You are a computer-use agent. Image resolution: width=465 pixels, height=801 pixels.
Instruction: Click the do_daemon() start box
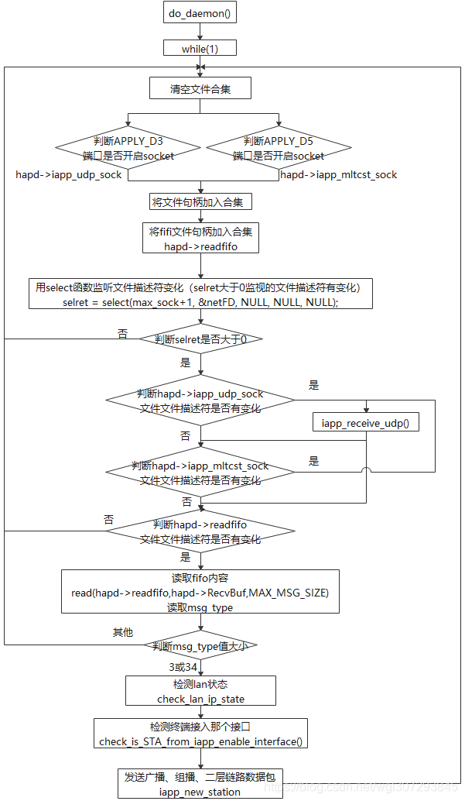click(x=200, y=13)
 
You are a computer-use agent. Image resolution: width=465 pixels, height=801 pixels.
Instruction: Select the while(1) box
click(x=200, y=48)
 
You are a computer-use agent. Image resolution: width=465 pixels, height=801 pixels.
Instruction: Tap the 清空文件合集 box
click(x=200, y=89)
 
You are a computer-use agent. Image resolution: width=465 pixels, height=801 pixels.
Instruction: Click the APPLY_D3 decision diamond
click(x=128, y=149)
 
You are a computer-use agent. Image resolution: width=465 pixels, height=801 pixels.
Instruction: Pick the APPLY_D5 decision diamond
click(x=279, y=149)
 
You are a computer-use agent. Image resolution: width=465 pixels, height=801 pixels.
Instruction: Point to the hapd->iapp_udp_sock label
click(x=69, y=175)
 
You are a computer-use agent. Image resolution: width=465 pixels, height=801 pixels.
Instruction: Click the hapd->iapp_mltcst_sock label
click(x=339, y=175)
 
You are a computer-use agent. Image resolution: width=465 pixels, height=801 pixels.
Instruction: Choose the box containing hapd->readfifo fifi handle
click(x=200, y=239)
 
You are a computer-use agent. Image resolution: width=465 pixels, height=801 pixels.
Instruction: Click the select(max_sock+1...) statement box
click(x=200, y=294)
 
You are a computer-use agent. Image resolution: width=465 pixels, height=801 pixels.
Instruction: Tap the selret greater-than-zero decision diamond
click(x=200, y=339)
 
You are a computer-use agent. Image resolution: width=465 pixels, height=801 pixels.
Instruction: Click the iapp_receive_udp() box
click(x=365, y=422)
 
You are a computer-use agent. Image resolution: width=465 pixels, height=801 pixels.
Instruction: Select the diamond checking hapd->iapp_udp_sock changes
click(x=200, y=400)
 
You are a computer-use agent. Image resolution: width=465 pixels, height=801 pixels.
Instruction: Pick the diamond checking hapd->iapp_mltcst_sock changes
click(x=200, y=473)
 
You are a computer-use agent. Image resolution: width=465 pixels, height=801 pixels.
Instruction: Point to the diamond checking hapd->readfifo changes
click(x=200, y=531)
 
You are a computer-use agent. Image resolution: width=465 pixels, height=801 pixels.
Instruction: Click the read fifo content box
click(x=200, y=593)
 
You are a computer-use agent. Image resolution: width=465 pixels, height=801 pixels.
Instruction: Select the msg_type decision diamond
click(x=200, y=645)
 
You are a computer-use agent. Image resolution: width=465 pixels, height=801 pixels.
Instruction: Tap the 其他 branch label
click(x=124, y=632)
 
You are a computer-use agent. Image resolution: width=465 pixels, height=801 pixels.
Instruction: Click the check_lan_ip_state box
click(x=200, y=691)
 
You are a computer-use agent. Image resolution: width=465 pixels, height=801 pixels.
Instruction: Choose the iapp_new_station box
click(x=200, y=783)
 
